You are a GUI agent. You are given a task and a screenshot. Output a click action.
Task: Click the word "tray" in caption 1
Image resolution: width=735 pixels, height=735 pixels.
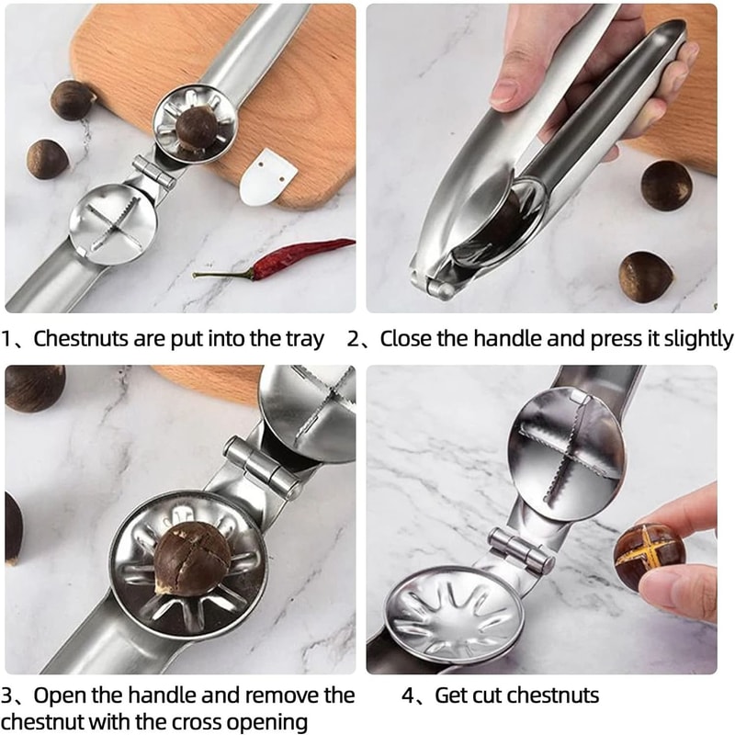[x=304, y=339]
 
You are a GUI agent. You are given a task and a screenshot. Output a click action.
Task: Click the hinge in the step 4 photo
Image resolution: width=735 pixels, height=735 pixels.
[x=521, y=549]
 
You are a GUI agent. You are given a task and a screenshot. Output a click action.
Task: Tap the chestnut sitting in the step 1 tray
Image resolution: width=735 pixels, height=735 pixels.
[x=196, y=127]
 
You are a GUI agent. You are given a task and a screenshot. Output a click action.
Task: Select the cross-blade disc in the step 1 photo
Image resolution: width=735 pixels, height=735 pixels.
[x=112, y=222]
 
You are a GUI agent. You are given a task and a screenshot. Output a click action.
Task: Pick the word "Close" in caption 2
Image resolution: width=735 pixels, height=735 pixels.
[x=405, y=339]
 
